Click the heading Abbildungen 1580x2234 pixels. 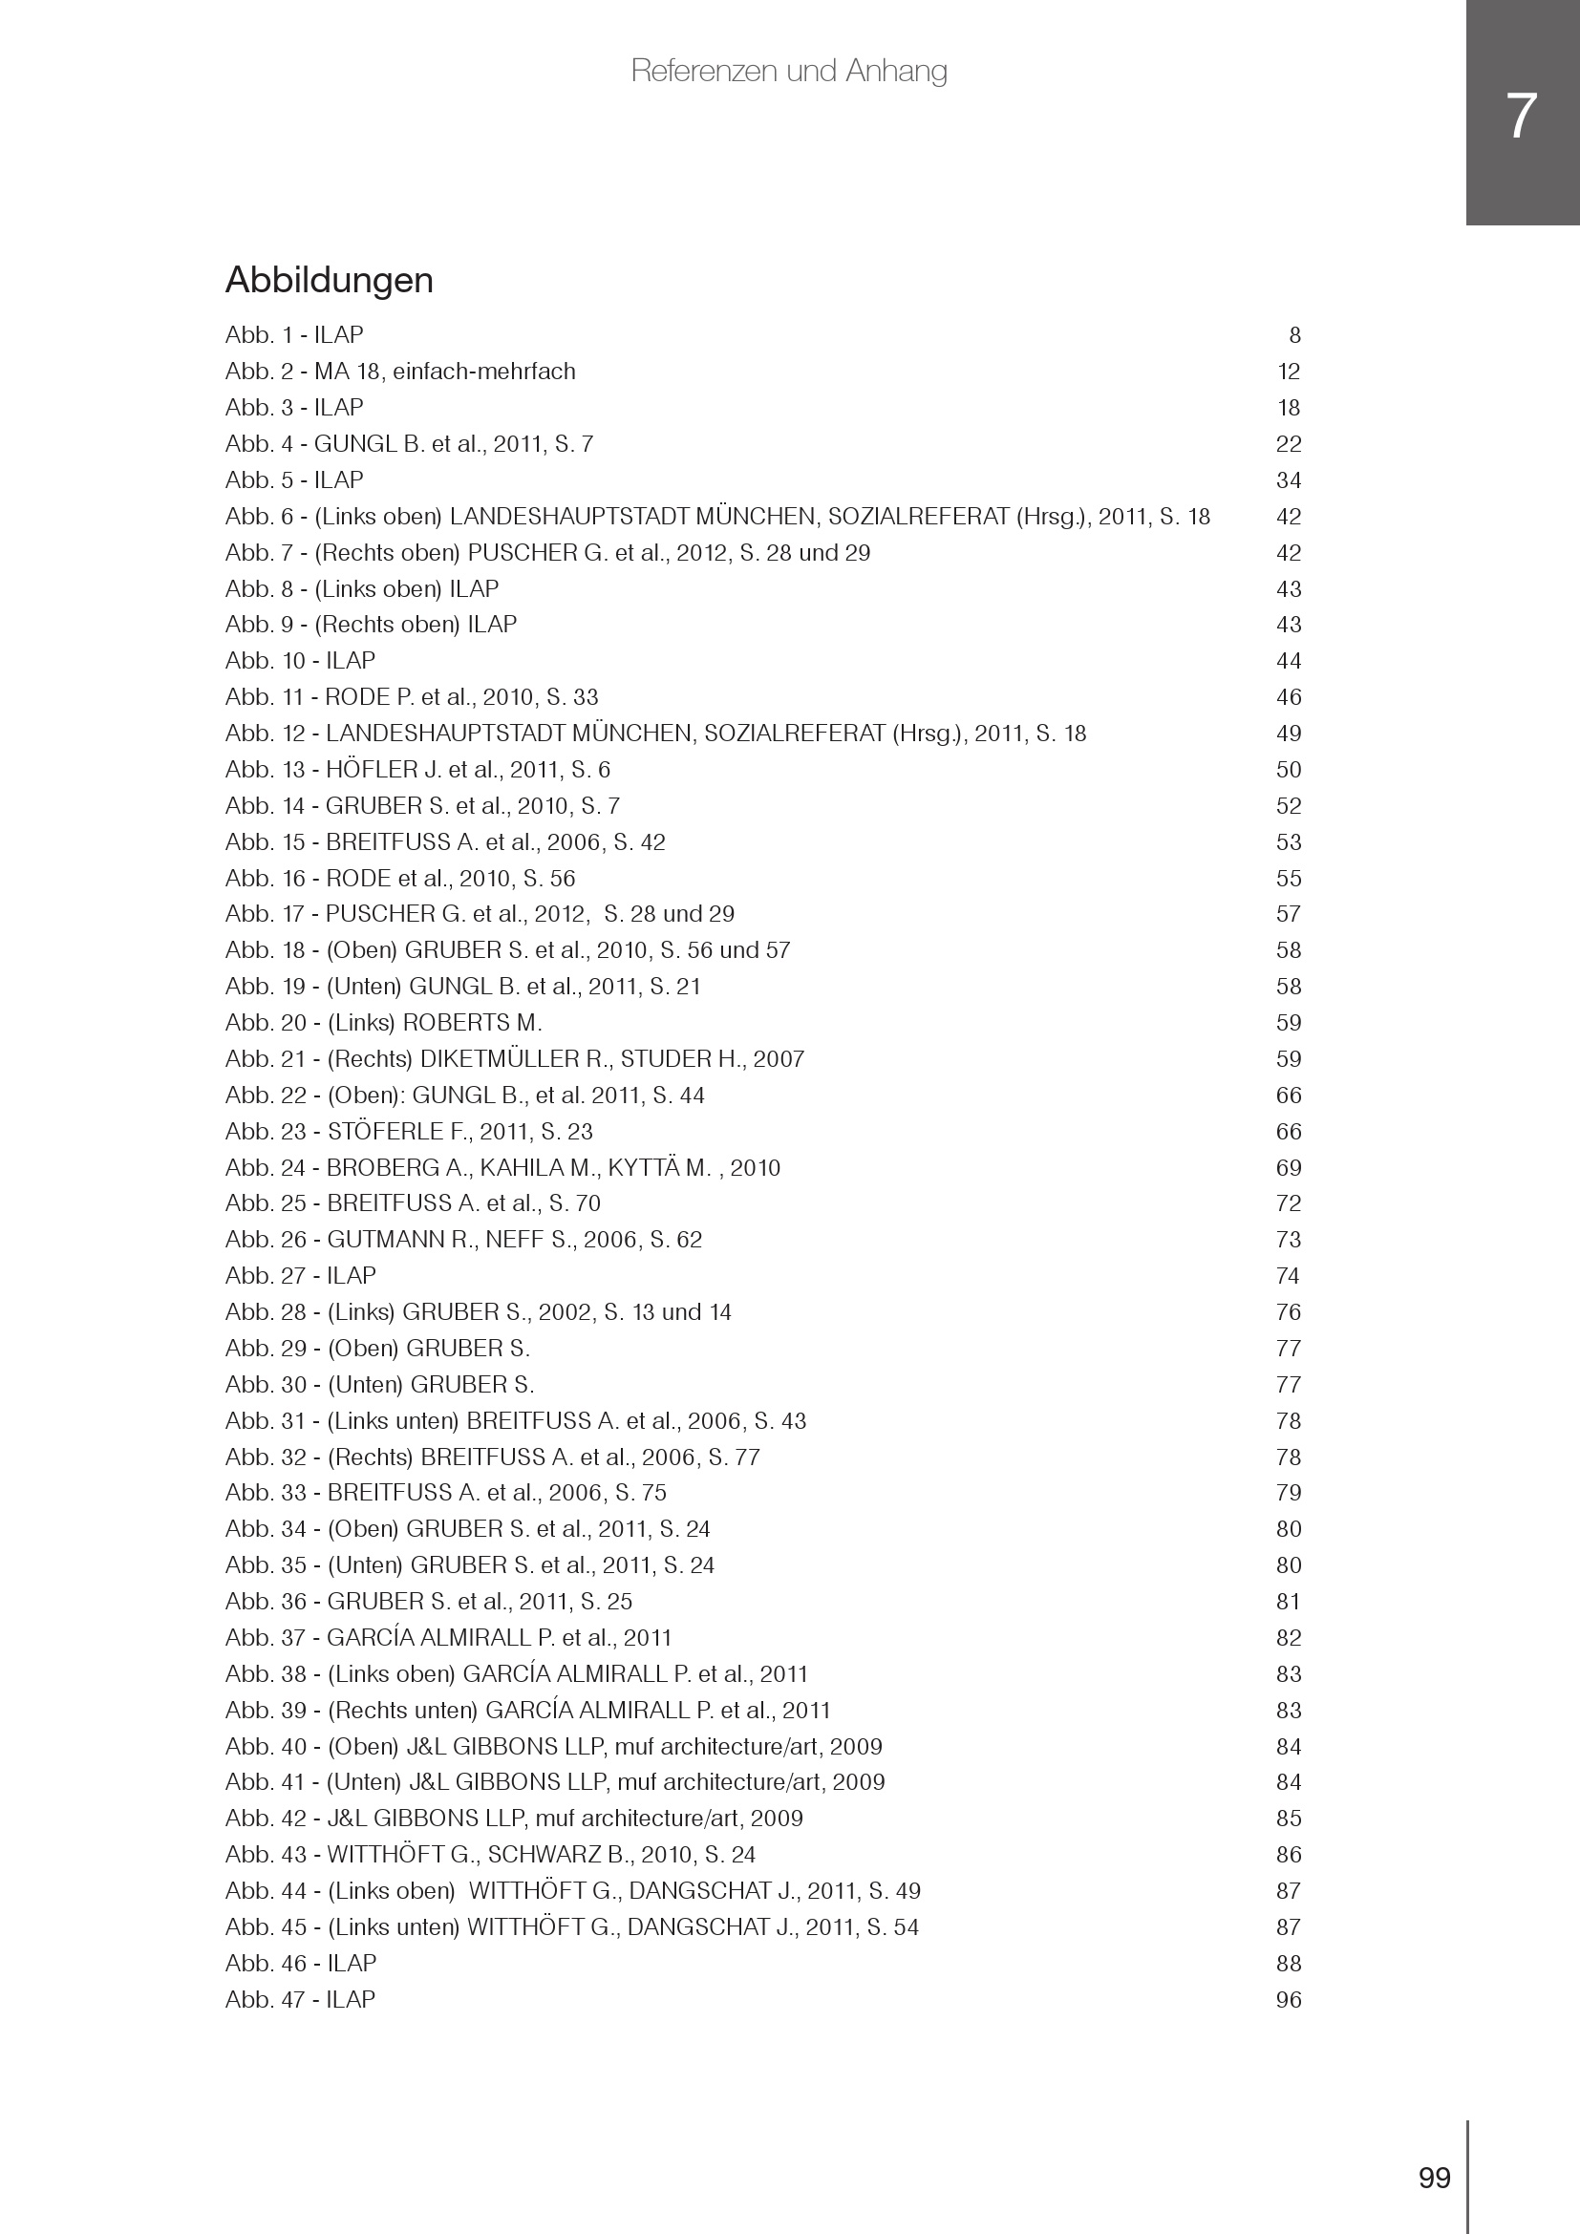coord(329,280)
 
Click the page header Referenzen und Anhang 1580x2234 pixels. coord(788,71)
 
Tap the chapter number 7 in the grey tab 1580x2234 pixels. coord(1521,117)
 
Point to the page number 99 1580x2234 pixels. coord(1434,2178)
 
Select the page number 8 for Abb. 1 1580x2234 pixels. coord(1294,335)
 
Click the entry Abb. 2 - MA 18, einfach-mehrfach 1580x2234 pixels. coord(400,372)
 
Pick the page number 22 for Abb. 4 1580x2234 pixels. coord(1288,445)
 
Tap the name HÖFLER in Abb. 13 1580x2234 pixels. coord(371,770)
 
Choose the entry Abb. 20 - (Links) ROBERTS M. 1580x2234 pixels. coord(383,1023)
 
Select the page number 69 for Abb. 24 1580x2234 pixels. coord(1288,1167)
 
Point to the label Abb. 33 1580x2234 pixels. coord(266,1493)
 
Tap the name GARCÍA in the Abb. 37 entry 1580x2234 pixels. coord(363,1638)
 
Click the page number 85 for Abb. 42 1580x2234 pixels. coord(1288,1819)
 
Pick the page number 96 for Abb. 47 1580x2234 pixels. coord(1288,1999)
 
